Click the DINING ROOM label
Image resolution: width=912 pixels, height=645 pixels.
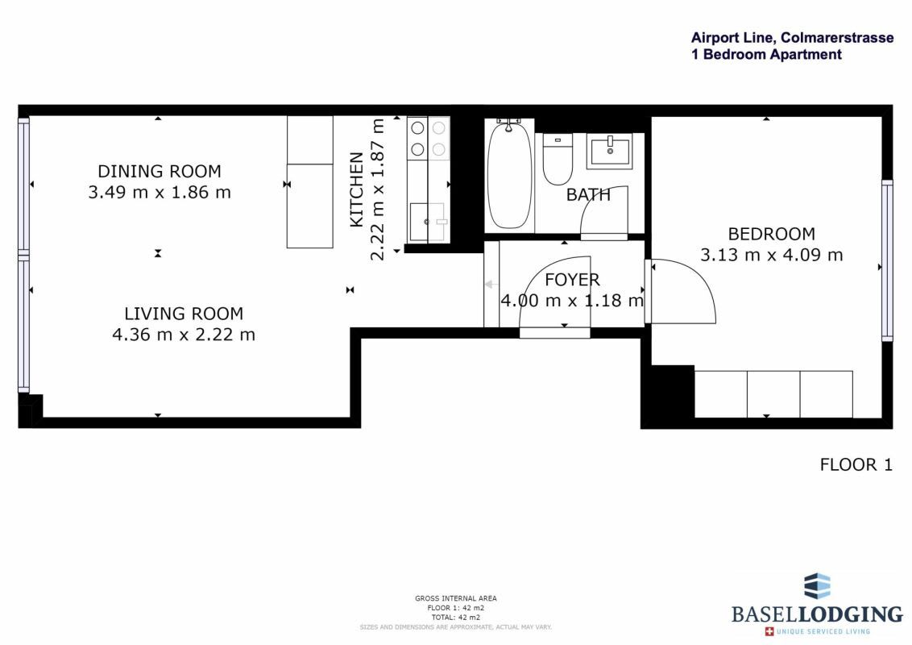pyautogui.click(x=160, y=171)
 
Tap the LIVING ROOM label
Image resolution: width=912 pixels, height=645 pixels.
pyautogui.click(x=184, y=314)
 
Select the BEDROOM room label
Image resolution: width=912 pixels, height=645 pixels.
pyautogui.click(x=771, y=234)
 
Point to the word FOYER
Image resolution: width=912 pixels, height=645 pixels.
pyautogui.click(x=572, y=280)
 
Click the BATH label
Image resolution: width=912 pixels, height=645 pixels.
pyautogui.click(x=589, y=194)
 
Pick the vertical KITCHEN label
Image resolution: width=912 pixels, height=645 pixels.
pyautogui.click(x=357, y=189)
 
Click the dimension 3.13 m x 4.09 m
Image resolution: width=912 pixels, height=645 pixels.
pyautogui.click(x=771, y=255)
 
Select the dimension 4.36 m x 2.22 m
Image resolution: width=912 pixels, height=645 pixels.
pyautogui.click(x=184, y=335)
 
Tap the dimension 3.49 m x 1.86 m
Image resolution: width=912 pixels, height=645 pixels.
pyautogui.click(x=160, y=192)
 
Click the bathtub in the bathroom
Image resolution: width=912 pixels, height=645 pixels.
pyautogui.click(x=509, y=175)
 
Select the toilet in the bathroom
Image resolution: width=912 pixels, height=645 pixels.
pyautogui.click(x=558, y=159)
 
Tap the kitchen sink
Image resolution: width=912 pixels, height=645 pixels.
pyautogui.click(x=429, y=222)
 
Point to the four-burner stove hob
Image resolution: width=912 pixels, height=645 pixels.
pyautogui.click(x=429, y=139)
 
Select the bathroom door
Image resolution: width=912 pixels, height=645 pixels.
pyautogui.click(x=605, y=213)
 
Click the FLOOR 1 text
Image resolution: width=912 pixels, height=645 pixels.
pyautogui.click(x=856, y=464)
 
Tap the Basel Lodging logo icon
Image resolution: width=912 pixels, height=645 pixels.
pyautogui.click(x=817, y=585)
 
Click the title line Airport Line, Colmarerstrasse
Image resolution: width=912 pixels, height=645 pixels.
pyautogui.click(x=792, y=38)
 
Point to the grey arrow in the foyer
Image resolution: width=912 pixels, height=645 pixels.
pyautogui.click(x=491, y=284)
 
